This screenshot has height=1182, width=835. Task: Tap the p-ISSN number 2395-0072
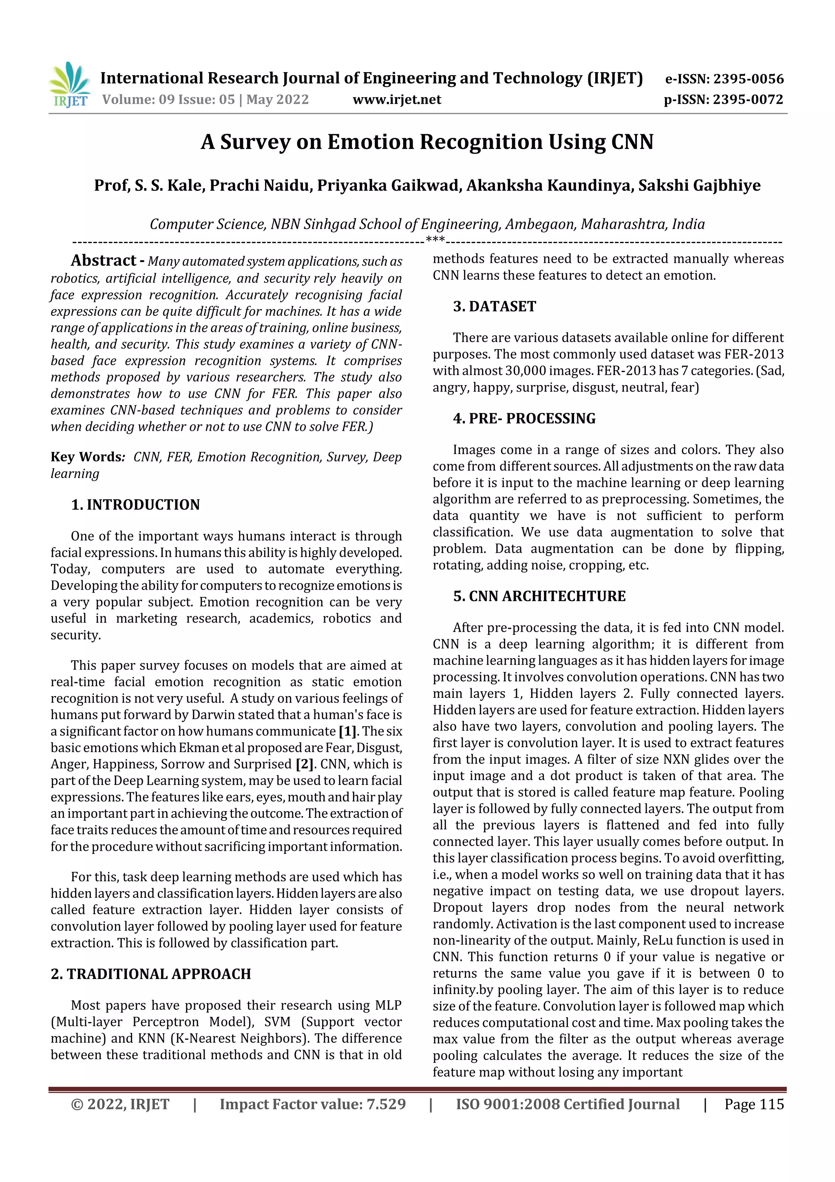[x=748, y=100]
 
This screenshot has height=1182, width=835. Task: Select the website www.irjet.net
[x=397, y=100]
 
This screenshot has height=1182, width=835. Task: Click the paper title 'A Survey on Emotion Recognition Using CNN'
[x=427, y=142]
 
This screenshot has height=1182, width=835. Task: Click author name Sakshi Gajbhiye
[x=699, y=185]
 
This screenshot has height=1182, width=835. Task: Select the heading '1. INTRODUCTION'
[x=135, y=505]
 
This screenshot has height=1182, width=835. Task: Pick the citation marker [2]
[x=305, y=764]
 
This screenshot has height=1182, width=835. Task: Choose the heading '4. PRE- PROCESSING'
[x=524, y=419]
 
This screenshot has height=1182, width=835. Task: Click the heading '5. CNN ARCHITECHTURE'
[x=539, y=596]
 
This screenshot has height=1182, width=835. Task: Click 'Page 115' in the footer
[x=754, y=1104]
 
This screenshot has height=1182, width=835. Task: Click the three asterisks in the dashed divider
[x=435, y=240]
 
